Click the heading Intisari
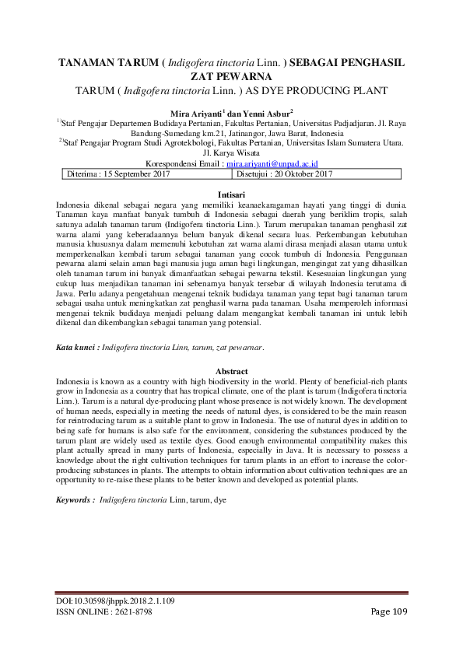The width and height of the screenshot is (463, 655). click(231, 193)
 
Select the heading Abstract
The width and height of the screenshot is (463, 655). click(231, 372)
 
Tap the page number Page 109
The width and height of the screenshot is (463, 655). click(389, 612)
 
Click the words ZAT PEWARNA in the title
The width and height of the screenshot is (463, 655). click(231, 76)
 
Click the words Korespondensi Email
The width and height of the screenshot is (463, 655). click(184, 164)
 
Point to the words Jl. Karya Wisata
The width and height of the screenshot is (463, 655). click(231, 153)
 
